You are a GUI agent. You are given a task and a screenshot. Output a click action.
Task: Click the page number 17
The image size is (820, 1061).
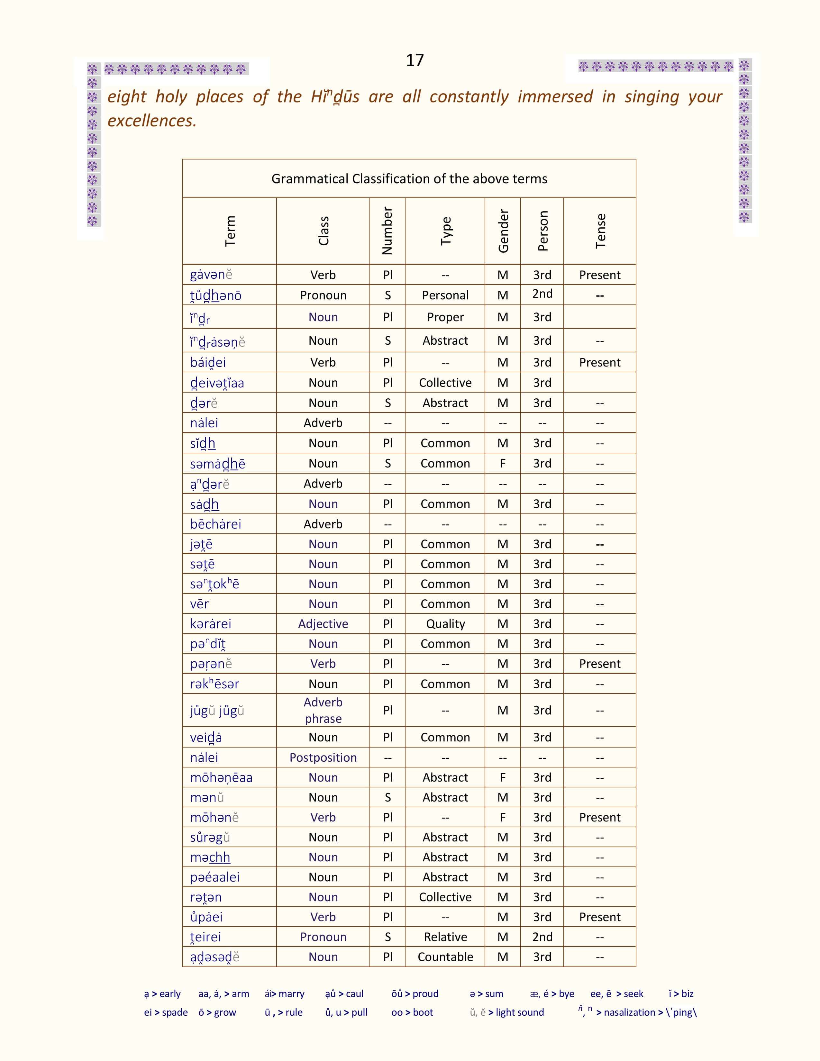tap(415, 60)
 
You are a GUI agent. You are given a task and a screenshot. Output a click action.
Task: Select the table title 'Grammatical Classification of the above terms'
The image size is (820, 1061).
tap(409, 179)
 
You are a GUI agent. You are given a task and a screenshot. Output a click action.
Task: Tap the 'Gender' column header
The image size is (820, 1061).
tap(503, 231)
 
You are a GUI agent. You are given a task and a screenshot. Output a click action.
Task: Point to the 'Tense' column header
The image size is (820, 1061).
tap(600, 231)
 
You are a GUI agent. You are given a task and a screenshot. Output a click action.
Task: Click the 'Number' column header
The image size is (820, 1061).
tap(387, 231)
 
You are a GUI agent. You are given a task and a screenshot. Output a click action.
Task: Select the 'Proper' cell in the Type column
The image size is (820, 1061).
tap(445, 317)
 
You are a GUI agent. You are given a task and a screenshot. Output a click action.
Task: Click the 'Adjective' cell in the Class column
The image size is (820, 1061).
tap(323, 624)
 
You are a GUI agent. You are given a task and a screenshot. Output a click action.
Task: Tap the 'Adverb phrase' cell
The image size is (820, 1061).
tap(323, 710)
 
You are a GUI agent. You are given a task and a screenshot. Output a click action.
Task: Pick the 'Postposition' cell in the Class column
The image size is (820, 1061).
tap(323, 757)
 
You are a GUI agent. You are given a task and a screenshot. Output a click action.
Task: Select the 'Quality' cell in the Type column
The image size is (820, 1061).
tap(445, 624)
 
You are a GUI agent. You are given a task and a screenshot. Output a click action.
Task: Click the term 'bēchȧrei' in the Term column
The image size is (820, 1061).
tap(216, 524)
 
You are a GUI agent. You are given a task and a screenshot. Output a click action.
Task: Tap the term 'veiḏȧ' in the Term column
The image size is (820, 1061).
tap(206, 738)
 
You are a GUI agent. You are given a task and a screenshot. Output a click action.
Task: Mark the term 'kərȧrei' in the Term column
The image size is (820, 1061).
tap(211, 624)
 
